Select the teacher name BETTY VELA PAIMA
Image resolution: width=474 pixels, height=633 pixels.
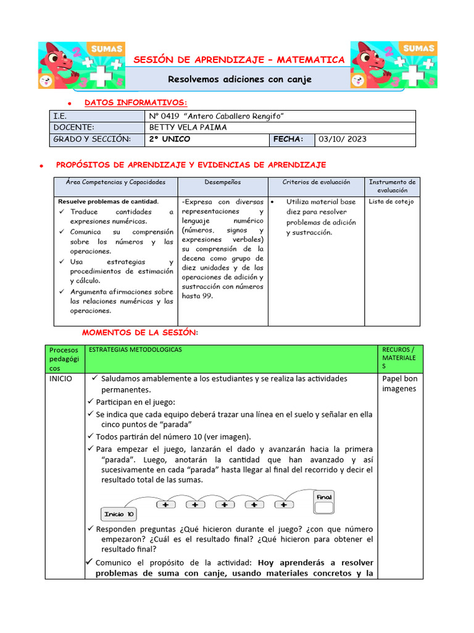(188, 127)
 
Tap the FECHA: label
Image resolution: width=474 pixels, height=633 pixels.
(288, 139)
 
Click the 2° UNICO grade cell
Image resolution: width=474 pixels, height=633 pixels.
(169, 139)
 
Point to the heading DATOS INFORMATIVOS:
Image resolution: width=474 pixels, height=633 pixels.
(136, 102)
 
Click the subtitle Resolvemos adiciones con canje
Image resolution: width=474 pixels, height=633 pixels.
(240, 79)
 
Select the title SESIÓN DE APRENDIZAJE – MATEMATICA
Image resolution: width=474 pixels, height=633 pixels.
(239, 60)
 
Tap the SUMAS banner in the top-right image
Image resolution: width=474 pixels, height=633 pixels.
(418, 48)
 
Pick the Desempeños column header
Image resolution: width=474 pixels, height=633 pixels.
(223, 182)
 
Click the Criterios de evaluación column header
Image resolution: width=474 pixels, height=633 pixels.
(316, 182)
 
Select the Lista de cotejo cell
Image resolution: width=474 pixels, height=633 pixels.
(391, 202)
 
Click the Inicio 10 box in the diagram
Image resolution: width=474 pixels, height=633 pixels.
(118, 514)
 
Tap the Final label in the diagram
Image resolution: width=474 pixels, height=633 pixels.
(324, 497)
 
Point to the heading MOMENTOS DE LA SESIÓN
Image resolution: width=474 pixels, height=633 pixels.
(140, 333)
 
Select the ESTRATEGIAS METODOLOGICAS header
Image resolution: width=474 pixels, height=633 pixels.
(135, 350)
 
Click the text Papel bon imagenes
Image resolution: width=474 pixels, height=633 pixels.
(399, 383)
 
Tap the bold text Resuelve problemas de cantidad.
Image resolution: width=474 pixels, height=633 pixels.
(108, 202)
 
